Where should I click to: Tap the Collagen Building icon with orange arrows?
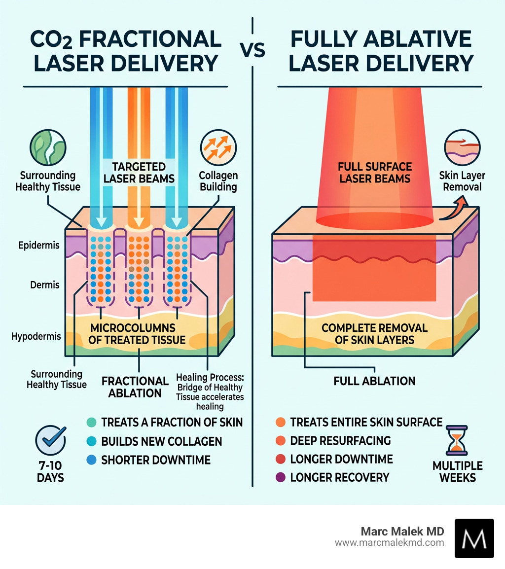(218, 146)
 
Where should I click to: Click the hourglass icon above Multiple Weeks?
(457, 440)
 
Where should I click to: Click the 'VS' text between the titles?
(252, 49)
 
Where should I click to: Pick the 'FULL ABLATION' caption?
(374, 381)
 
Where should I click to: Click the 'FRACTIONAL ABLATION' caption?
(135, 387)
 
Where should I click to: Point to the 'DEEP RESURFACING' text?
(340, 440)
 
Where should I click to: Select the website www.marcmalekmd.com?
(390, 543)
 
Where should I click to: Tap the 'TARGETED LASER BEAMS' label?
(139, 172)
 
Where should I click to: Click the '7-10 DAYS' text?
(51, 472)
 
